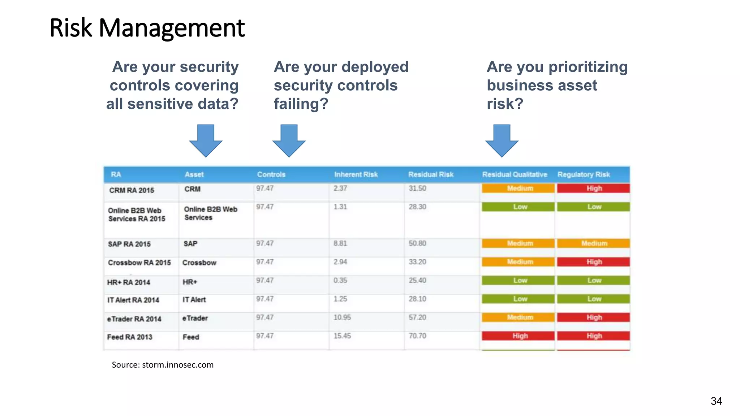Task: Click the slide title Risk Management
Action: pos(147,28)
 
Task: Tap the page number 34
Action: pos(716,401)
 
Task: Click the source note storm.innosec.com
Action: pos(163,365)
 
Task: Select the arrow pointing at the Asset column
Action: pos(206,140)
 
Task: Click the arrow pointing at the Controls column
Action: pos(289,140)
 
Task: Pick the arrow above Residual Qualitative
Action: pos(502,140)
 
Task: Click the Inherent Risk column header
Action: pos(356,174)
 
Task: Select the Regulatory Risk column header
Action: pos(583,174)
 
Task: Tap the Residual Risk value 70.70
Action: pos(417,336)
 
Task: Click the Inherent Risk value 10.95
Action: pos(342,317)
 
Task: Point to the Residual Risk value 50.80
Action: pos(417,243)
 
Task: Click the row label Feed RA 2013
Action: pos(129,337)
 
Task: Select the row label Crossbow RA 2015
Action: pos(139,263)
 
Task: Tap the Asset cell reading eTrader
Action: pos(195,318)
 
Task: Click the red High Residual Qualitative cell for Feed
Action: pos(518,336)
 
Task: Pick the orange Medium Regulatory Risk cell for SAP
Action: pos(593,243)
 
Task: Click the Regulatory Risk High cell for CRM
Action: pos(593,188)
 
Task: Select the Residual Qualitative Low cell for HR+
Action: pos(518,280)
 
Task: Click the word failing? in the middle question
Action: pos(301,104)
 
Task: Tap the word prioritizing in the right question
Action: pos(588,67)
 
